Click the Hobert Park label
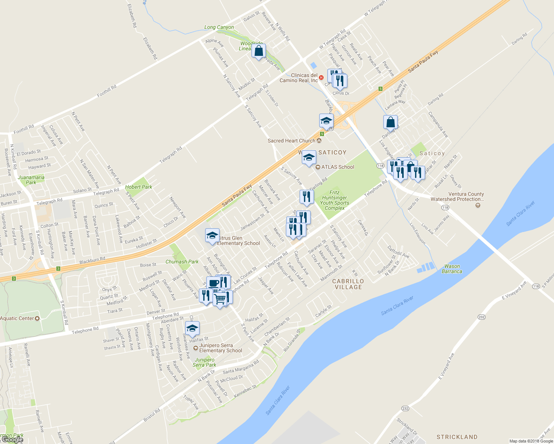click(138, 187)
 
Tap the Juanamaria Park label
click(31, 180)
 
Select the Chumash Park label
click(182, 262)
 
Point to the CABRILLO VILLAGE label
click(348, 284)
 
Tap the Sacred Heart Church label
click(291, 141)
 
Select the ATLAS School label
click(337, 167)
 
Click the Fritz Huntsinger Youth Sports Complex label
click(334, 200)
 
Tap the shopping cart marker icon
click(220, 299)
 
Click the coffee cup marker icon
click(213, 283)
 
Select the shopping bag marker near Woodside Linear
click(258, 51)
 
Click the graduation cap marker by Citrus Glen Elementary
click(212, 236)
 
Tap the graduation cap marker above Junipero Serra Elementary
click(192, 328)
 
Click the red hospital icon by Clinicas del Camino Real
click(321, 78)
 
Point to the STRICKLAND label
click(457, 437)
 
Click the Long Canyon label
click(219, 27)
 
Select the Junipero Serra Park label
click(204, 362)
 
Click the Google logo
click(12, 439)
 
